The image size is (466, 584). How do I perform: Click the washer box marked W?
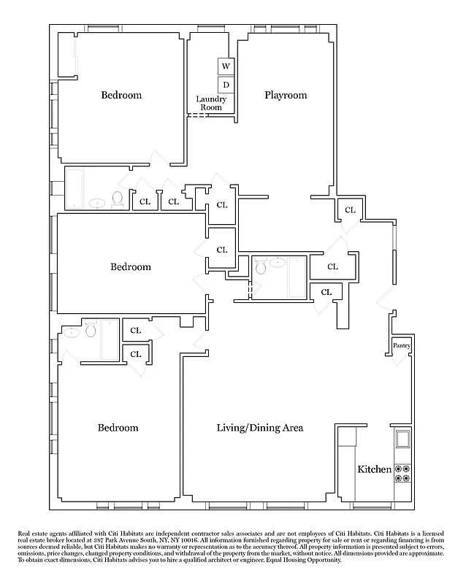[x=226, y=66]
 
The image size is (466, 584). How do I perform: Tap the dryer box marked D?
[x=226, y=85]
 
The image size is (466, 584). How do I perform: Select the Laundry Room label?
[x=211, y=103]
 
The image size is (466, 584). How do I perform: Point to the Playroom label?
[x=286, y=95]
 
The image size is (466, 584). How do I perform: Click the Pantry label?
[x=402, y=345]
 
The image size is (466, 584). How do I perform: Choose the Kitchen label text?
[x=374, y=469]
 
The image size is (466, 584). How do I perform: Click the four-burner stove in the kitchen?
[x=402, y=473]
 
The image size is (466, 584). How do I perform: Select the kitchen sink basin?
[x=402, y=439]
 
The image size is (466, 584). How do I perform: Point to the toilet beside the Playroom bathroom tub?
[x=261, y=268]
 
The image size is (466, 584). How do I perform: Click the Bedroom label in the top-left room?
[x=121, y=95]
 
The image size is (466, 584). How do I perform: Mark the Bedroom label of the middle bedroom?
[x=131, y=266]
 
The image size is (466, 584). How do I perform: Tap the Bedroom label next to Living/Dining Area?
[x=118, y=428]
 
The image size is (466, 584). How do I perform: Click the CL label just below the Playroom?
[x=350, y=210]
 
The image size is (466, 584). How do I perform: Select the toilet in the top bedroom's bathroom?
[x=116, y=199]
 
